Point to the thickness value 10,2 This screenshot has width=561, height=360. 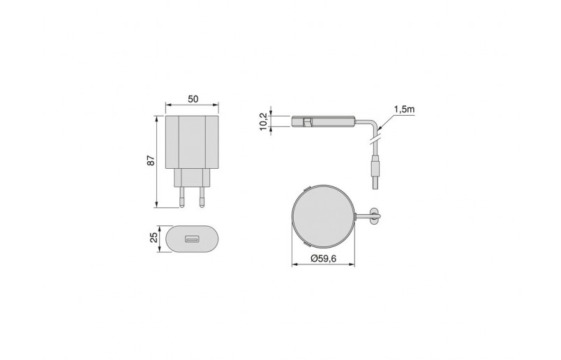263,121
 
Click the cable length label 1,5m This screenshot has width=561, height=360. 404,110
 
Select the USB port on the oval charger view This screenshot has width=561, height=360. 192,241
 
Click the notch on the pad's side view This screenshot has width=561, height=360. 308,121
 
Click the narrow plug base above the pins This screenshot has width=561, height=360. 192,179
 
